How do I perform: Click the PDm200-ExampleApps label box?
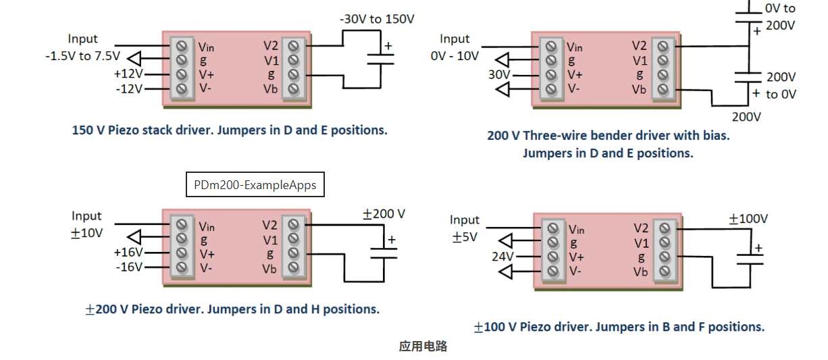pos(255,184)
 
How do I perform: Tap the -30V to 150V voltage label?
pos(377,19)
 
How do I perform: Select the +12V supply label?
pos(128,74)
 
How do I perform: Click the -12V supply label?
pos(128,88)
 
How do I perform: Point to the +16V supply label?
pos(128,252)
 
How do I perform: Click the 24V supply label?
pos(502,257)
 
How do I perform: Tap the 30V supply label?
pos(499,74)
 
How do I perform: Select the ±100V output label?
pos(748,219)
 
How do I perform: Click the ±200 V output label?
pos(384,214)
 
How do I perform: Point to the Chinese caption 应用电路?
pos(423,346)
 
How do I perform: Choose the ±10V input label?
pos(86,233)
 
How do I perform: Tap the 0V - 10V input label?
pos(454,56)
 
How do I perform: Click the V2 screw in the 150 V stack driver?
pos(292,46)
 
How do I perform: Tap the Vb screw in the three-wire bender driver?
pos(663,89)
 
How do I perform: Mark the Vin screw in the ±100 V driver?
pos(553,229)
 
